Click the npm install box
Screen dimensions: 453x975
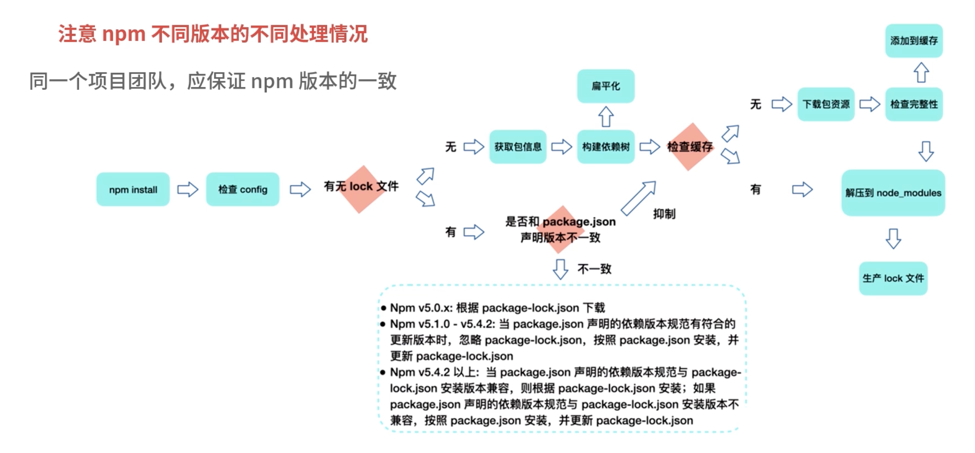pyautogui.click(x=133, y=189)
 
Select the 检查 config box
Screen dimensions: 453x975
pyautogui.click(x=243, y=189)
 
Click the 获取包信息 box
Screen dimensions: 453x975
pyautogui.click(x=518, y=147)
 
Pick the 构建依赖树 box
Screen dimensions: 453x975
pyautogui.click(x=606, y=147)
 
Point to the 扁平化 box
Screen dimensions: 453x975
pyautogui.click(x=606, y=86)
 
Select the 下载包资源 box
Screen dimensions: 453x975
pyautogui.click(x=826, y=104)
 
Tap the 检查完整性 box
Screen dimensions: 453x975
pyautogui.click(x=914, y=104)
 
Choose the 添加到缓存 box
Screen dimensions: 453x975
pyautogui.click(x=914, y=41)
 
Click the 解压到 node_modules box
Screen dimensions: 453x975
pyautogui.click(x=893, y=193)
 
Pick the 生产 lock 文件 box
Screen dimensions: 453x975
pyautogui.click(x=893, y=278)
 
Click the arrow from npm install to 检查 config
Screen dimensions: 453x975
pyautogui.click(x=188, y=189)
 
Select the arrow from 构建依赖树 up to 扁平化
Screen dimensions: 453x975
pyautogui.click(x=606, y=117)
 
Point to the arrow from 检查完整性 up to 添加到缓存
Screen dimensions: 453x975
pyautogui.click(x=921, y=72)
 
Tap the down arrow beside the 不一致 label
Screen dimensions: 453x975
pyautogui.click(x=560, y=269)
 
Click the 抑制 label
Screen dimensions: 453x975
pyautogui.click(x=664, y=214)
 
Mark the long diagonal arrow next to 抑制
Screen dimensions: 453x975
pyautogui.click(x=638, y=198)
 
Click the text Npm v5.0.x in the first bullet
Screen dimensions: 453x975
pyautogui.click(x=421, y=308)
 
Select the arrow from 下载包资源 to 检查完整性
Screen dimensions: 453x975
pyautogui.click(x=870, y=104)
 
